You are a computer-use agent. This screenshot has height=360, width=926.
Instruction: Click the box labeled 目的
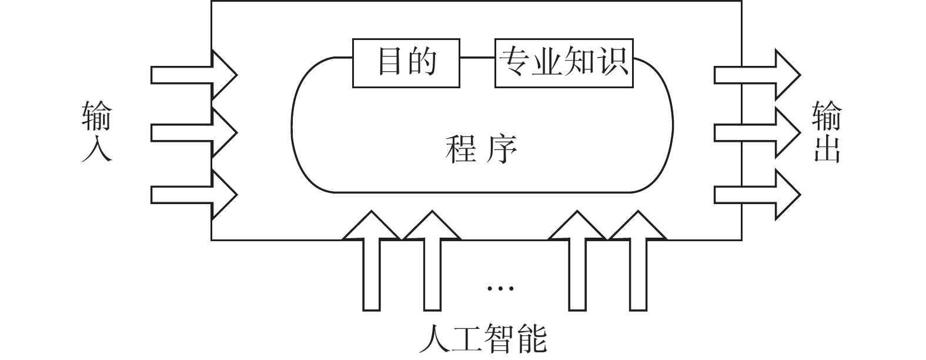406,63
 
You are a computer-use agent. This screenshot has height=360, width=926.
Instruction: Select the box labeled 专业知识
564,63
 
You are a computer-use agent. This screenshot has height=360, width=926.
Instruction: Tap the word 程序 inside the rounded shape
482,149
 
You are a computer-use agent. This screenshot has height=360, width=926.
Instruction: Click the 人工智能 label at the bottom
484,339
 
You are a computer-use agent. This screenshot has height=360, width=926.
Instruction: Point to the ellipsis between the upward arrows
500,288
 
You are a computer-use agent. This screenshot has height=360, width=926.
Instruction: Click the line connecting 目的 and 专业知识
477,57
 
